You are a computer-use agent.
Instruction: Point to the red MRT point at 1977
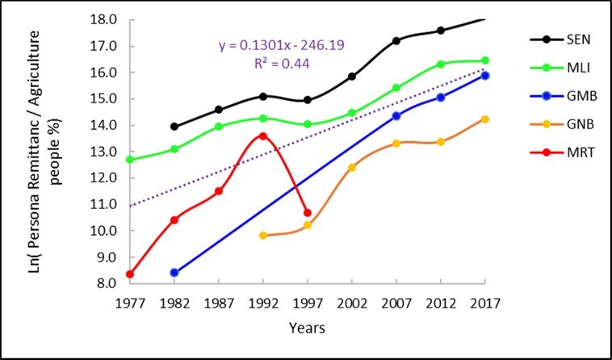[130, 274]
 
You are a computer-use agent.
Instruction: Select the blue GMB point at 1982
[174, 273]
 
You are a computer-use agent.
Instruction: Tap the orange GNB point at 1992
[262, 236]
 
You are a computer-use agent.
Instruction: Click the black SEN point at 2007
[396, 40]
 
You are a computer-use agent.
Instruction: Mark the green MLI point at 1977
[130, 160]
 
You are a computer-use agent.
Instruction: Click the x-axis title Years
[308, 329]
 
